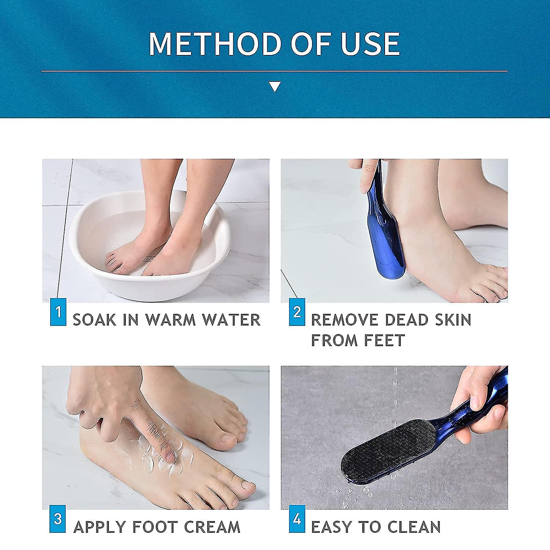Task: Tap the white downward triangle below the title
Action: point(275,87)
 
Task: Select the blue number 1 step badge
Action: point(58,312)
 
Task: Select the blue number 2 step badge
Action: point(297,312)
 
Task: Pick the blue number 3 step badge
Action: point(58,519)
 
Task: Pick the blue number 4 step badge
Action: point(297,519)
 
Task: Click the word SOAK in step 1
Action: point(95,320)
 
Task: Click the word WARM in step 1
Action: point(170,320)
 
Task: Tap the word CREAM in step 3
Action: point(212,527)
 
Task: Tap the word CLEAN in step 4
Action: point(414,527)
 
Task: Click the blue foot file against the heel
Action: point(385,235)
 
